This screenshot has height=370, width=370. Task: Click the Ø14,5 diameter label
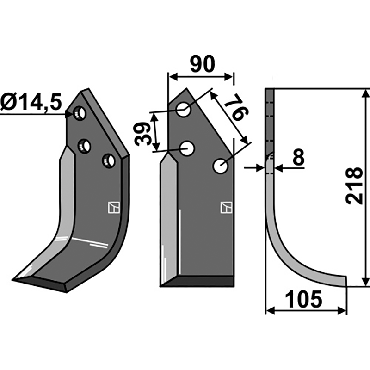coord(31,102)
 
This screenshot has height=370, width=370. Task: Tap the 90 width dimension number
coord(203,64)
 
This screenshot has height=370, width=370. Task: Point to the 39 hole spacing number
coord(142,134)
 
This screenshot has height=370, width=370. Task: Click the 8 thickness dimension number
coord(298,157)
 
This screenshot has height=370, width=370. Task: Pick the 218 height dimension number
coord(354,186)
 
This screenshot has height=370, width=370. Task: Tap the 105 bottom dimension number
coord(303,299)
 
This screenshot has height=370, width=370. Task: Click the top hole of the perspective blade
coord(80,113)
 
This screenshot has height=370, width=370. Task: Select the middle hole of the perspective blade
coord(85,147)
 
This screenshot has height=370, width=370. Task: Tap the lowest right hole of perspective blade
coord(109,161)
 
